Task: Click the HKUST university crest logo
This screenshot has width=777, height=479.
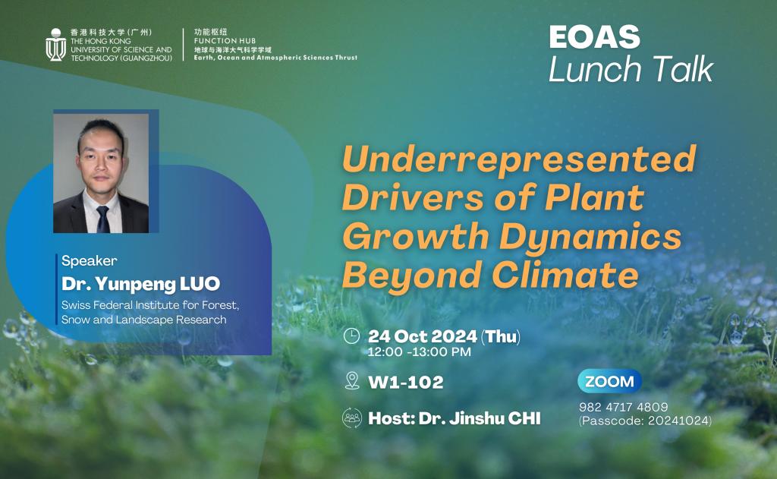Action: (x=55, y=45)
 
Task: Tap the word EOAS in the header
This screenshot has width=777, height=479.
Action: (x=594, y=37)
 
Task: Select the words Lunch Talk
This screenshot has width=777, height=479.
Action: (x=631, y=69)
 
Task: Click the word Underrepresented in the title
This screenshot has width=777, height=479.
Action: (x=519, y=159)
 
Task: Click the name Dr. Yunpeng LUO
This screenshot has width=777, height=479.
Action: (x=140, y=284)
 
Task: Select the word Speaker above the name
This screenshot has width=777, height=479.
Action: (x=90, y=261)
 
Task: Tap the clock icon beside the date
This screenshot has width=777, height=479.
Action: (x=352, y=336)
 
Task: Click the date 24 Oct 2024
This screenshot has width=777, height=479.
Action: (x=423, y=336)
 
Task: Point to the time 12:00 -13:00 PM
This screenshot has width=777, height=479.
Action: (x=420, y=351)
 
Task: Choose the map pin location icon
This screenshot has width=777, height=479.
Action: (x=352, y=381)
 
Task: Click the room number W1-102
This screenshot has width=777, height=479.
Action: (x=405, y=382)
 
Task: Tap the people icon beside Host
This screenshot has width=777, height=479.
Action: (x=352, y=418)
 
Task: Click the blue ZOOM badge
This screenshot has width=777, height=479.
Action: (x=609, y=381)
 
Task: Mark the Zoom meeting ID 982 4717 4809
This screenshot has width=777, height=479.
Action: (x=623, y=407)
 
